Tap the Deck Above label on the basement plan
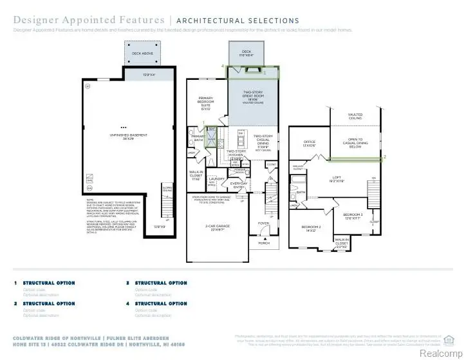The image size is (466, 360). [141, 53]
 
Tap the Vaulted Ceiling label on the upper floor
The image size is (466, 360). [355, 117]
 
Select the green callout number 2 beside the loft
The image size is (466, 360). [385, 156]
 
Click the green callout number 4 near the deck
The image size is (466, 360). [223, 66]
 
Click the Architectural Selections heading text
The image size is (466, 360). [238, 21]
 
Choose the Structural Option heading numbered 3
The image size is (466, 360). [161, 283]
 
